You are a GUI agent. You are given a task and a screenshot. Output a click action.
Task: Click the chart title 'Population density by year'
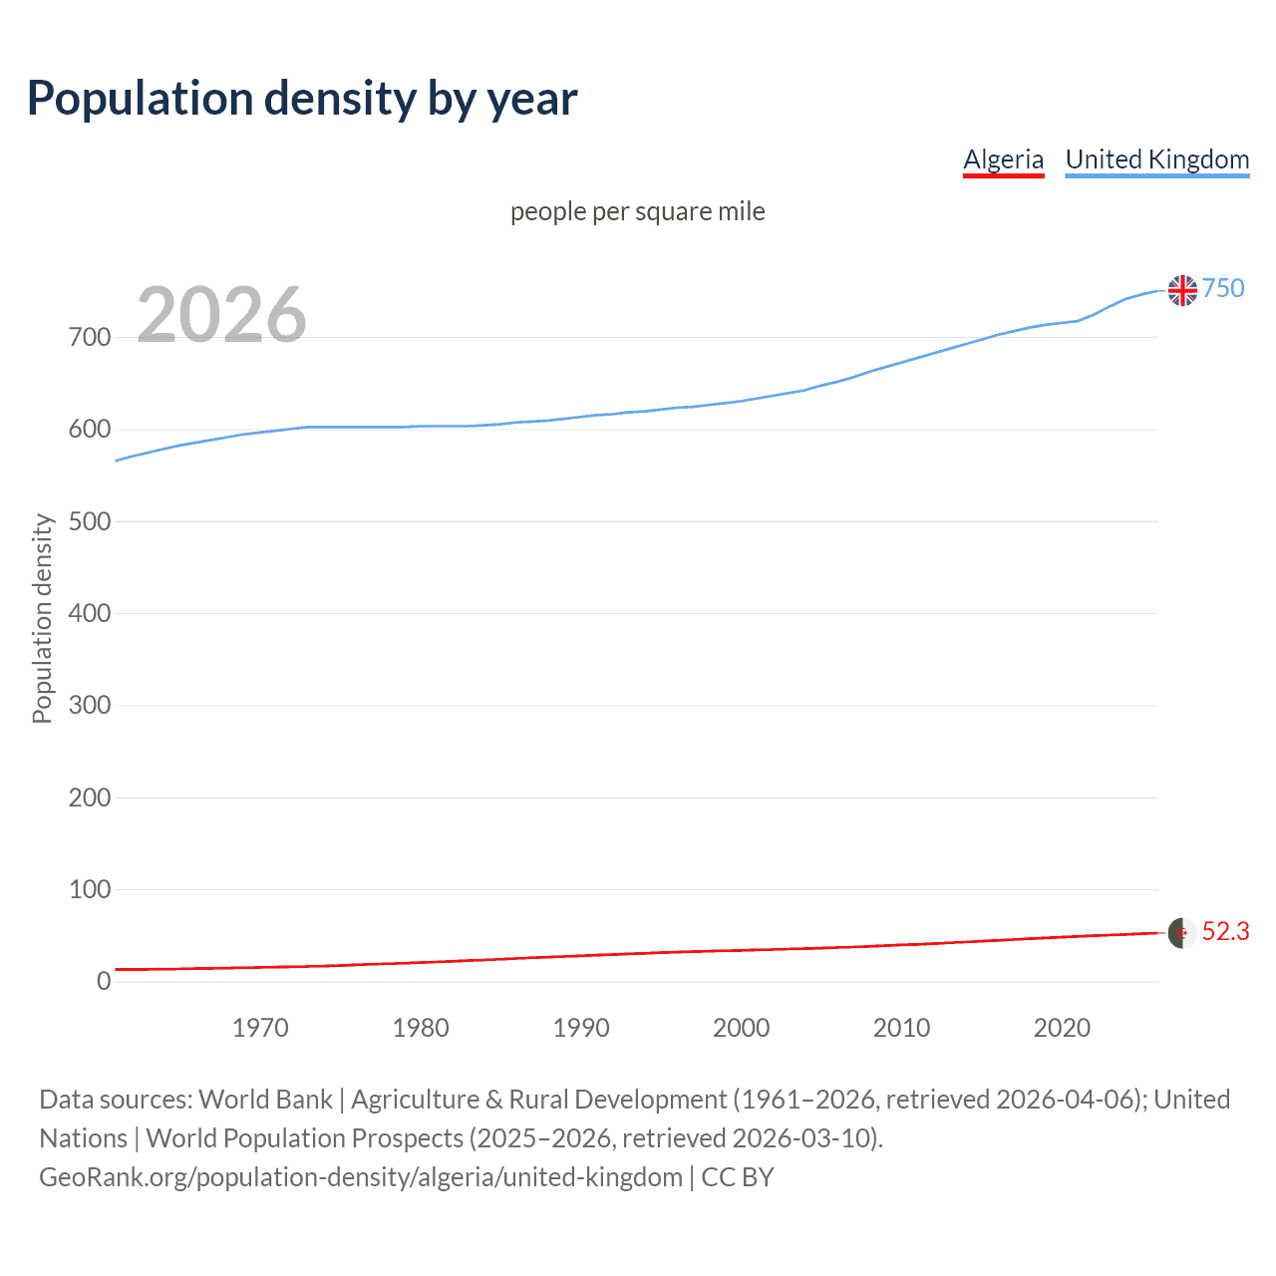pos(302,99)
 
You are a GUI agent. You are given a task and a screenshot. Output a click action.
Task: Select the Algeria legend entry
pos(1003,159)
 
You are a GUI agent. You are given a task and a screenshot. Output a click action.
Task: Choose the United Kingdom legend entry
pos(1156,159)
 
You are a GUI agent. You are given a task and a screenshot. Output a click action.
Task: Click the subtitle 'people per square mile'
pos(637,211)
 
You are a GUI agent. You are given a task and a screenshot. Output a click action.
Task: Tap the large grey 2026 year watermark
pos(221,315)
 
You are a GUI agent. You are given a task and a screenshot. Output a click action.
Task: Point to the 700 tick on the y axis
pos(90,338)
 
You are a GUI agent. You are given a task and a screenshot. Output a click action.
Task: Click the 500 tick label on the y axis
pos(90,521)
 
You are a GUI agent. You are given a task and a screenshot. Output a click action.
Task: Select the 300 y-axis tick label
pos(90,706)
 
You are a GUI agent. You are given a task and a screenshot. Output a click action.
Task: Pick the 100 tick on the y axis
pos(90,889)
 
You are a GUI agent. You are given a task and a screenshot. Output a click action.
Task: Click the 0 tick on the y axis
pos(104,981)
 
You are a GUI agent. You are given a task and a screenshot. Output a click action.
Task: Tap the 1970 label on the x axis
pos(260,1028)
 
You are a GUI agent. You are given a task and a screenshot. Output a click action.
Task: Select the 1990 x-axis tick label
pos(581,1028)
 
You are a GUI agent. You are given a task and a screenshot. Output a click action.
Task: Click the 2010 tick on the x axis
pos(901,1028)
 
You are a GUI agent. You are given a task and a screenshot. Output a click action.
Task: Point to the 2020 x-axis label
pos(1062,1028)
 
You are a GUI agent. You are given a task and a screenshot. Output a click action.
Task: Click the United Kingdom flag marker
pos(1182,290)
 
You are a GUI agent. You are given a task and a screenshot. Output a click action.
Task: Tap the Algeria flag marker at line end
pos(1182,933)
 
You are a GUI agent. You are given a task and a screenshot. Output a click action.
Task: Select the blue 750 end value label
pos(1223,288)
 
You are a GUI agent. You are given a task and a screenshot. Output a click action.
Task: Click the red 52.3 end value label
pos(1225,931)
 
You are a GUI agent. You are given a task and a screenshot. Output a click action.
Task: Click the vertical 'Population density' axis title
pos(42,618)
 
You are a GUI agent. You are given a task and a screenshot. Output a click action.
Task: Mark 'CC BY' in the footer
pos(738,1177)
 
